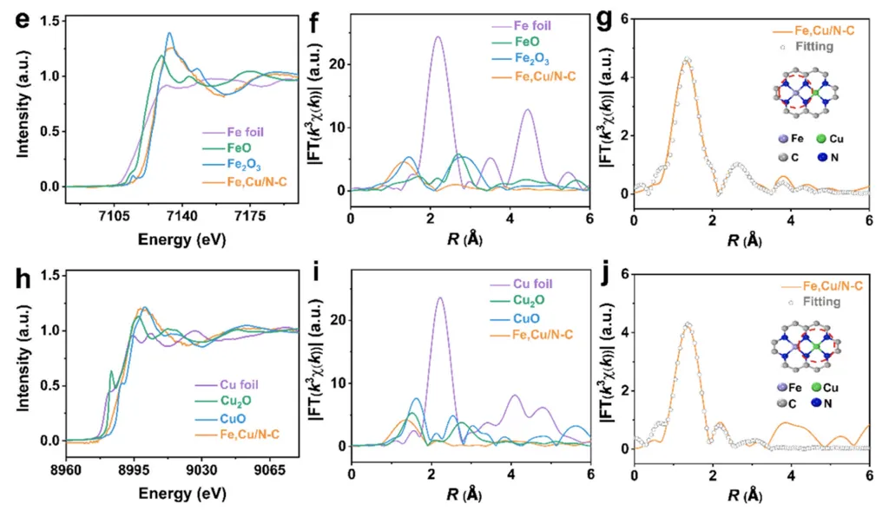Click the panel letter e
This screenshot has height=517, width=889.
20,19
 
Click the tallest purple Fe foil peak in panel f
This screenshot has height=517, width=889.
438,37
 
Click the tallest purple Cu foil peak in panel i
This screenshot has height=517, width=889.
440,298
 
